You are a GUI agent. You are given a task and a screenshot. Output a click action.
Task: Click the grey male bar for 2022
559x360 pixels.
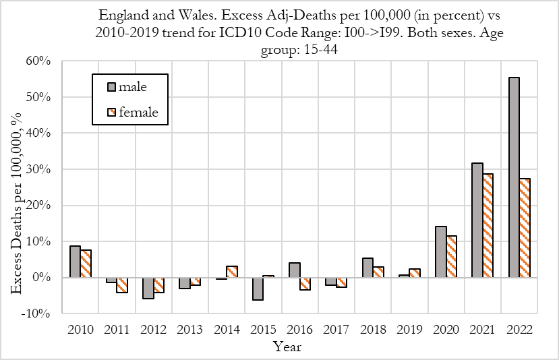pos(514,177)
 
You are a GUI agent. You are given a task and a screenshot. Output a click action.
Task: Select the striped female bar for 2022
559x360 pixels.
pos(524,228)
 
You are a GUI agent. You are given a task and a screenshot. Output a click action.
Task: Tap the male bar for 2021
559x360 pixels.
pos(477,220)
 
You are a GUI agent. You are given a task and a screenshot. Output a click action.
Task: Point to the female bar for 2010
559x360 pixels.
pos(86,264)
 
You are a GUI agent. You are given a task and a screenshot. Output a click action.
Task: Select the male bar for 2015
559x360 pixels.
pos(258,289)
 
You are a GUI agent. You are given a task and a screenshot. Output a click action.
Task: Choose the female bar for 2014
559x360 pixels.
pos(231,272)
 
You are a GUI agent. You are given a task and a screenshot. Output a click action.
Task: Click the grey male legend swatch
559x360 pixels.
pos(111,86)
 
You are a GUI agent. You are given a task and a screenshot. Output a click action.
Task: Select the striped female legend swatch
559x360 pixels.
pos(111,112)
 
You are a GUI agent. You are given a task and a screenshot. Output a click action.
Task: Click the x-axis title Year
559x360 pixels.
pos(287,347)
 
